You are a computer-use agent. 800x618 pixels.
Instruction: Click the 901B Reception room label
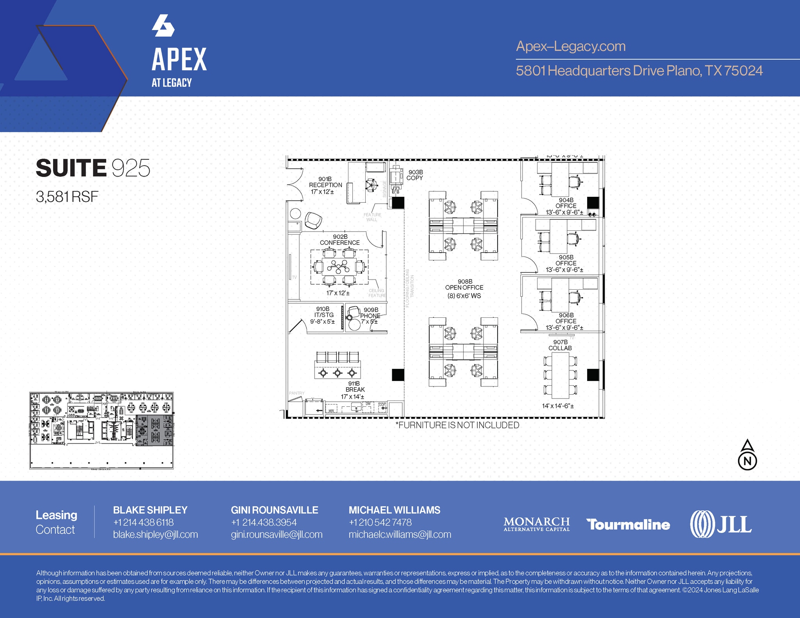coord(325,185)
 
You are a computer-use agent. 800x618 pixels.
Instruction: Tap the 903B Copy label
coord(415,175)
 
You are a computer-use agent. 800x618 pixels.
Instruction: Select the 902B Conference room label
coord(340,240)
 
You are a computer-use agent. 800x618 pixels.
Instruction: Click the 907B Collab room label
coord(560,345)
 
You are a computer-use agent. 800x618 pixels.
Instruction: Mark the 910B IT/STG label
coord(323,315)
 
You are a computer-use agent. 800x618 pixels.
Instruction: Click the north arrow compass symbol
coord(747,455)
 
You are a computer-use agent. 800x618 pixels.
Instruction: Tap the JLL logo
coord(721,524)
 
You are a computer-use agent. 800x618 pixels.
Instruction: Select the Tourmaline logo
coord(628,524)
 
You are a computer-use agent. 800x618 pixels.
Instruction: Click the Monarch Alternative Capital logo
coord(536,524)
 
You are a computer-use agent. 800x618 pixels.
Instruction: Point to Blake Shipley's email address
coord(155,534)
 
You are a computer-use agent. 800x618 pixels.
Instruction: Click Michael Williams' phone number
coord(380,522)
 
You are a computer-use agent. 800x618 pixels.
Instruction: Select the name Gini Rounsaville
coord(275,510)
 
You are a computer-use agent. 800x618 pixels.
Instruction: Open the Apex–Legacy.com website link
coord(571,46)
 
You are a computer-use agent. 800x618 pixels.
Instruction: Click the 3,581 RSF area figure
coord(67,197)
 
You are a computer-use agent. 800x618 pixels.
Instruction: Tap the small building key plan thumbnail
coord(102,430)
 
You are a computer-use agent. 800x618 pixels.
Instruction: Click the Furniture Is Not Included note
coord(457,425)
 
